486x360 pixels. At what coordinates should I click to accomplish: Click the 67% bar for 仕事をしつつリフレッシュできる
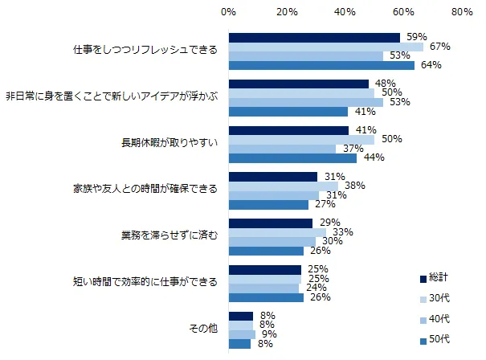tap(325, 47)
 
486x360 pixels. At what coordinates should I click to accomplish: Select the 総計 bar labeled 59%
tap(314, 37)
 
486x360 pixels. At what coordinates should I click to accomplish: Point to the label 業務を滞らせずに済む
tap(165, 236)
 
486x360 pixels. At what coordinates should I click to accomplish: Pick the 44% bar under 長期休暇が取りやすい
tap(292, 158)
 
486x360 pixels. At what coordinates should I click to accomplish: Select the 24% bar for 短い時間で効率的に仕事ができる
tap(263, 288)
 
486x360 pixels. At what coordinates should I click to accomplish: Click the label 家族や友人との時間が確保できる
tap(144, 190)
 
